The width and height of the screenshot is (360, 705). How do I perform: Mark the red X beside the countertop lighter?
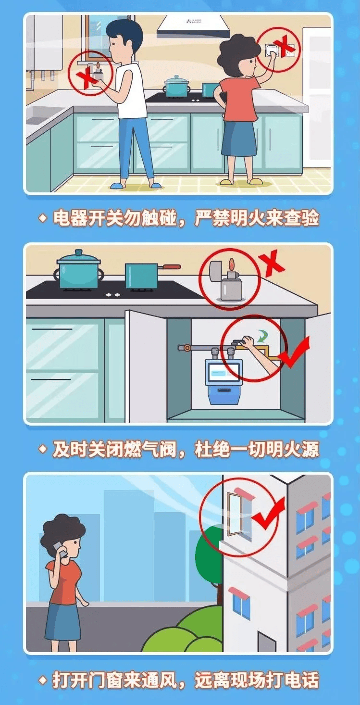(x=272, y=263)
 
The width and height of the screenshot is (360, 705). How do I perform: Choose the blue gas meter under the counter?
(x=223, y=378)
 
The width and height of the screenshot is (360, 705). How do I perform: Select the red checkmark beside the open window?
(x=268, y=512)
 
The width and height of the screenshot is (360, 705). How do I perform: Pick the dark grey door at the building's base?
(x=267, y=642)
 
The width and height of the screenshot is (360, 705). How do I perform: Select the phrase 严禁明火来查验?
(x=257, y=218)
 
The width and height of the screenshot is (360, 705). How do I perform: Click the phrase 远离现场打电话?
(x=257, y=680)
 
